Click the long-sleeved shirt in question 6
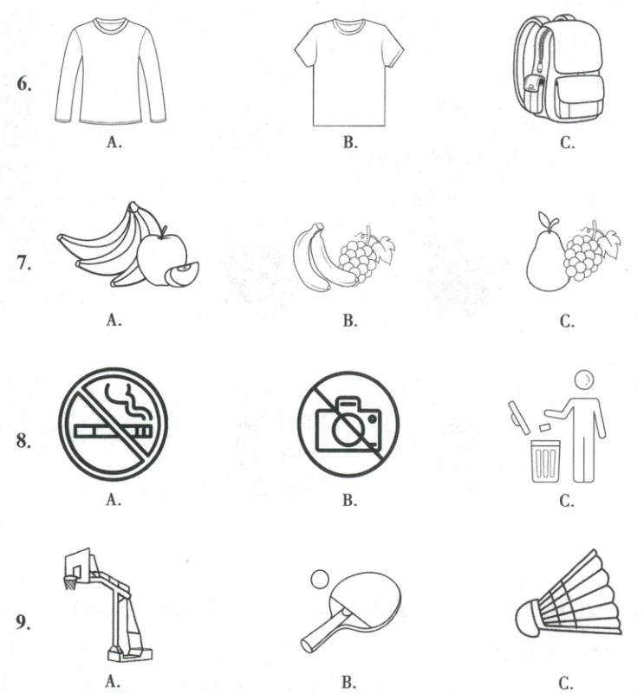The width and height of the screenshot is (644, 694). pyautogui.click(x=110, y=71)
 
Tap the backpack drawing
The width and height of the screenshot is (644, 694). pyautogui.click(x=559, y=68)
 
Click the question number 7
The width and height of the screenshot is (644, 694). pyautogui.click(x=24, y=263)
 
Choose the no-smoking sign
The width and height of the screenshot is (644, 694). pyautogui.click(x=113, y=424)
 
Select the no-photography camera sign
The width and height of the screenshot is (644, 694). pyautogui.click(x=348, y=424)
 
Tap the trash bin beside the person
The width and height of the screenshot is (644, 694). pyautogui.click(x=545, y=461)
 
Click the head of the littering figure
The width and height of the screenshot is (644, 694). pyautogui.click(x=584, y=379)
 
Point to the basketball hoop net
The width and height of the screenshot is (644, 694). pyautogui.click(x=70, y=583)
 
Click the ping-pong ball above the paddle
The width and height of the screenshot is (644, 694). pyautogui.click(x=319, y=580)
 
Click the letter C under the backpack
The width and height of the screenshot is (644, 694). pyautogui.click(x=567, y=142)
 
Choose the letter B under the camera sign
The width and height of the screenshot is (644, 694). pyautogui.click(x=349, y=500)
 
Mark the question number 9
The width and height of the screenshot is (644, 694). pyautogui.click(x=23, y=622)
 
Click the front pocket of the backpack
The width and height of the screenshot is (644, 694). pyautogui.click(x=577, y=97)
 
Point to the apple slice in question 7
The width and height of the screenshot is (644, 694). pyautogui.click(x=182, y=275)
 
